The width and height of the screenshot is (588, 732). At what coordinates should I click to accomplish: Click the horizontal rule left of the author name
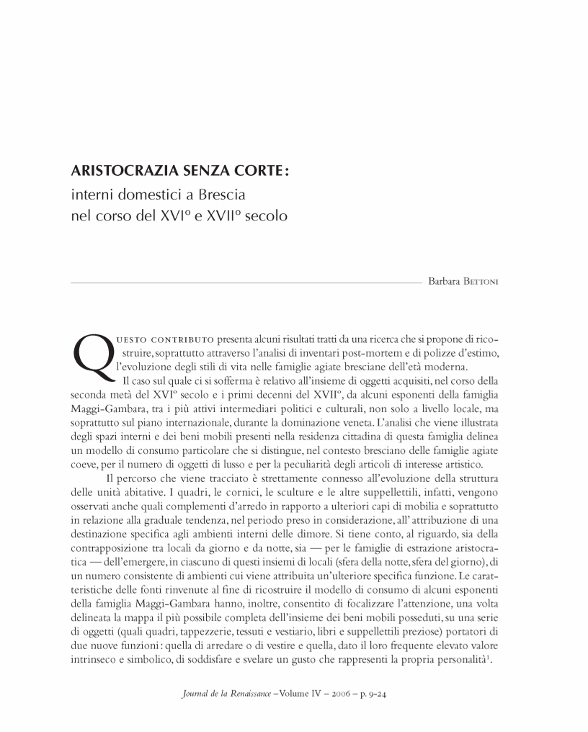(245, 284)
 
